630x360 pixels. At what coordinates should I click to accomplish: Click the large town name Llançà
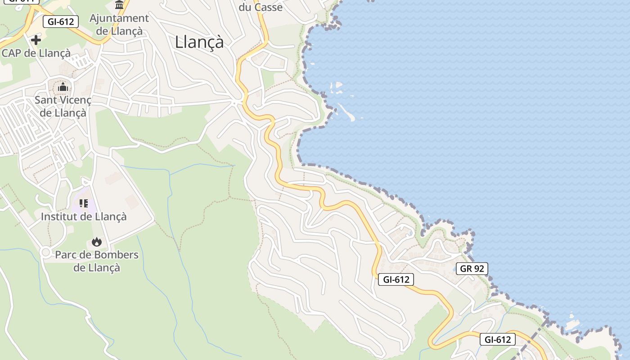[199, 42]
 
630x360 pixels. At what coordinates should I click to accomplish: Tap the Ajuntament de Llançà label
[119, 25]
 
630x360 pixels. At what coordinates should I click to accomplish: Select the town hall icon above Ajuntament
[119, 5]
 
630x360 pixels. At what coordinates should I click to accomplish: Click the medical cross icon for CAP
[36, 40]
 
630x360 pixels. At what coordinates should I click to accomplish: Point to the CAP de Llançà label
[36, 53]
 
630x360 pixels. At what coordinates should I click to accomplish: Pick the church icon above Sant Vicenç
[63, 86]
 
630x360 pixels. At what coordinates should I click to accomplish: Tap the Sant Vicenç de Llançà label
[63, 106]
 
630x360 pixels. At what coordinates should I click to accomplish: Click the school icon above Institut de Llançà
[84, 204]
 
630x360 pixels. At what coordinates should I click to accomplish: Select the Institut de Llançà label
[84, 216]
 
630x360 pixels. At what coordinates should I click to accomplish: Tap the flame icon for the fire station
[96, 242]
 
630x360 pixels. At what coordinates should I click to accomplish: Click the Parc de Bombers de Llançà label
[97, 261]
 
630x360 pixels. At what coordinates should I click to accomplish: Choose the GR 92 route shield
[472, 269]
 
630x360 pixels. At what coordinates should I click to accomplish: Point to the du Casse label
[261, 7]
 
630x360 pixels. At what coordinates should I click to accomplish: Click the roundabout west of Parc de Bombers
[45, 252]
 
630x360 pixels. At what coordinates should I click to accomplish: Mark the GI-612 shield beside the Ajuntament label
[60, 22]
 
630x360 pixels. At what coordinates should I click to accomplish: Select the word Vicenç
[76, 100]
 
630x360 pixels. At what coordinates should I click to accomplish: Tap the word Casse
[268, 7]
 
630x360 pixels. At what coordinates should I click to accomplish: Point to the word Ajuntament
[119, 18]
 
